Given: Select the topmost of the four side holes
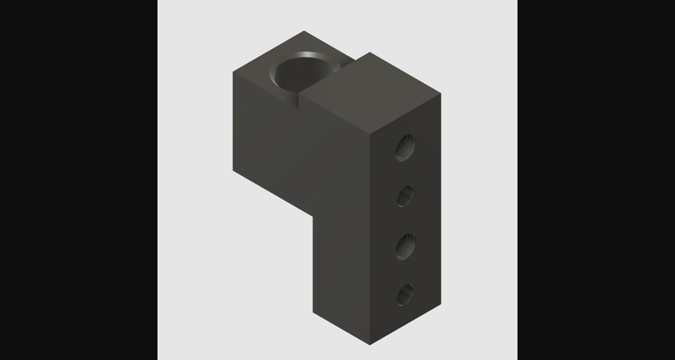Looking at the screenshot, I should pos(405,147).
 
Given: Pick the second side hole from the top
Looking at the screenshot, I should pos(405,196).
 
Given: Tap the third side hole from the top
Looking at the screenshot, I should pos(405,246).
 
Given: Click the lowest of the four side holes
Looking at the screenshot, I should pos(405,295).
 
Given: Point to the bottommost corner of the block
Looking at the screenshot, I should pos(370,345).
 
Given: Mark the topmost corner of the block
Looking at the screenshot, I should pos(304,31).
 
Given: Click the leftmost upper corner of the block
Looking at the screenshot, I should pos(233,72).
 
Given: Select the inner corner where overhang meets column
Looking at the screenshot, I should pos(313,216).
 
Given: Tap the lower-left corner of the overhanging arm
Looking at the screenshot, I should pos(233,170).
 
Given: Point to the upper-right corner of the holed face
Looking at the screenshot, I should pos(441,94).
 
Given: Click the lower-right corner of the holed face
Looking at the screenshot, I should pos(441,304).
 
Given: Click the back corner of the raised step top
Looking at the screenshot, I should pos(369,53).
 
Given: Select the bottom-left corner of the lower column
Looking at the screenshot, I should pos(313,311).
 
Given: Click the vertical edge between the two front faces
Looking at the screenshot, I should pos(370,238).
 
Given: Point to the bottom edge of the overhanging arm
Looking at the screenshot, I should pos(273,193).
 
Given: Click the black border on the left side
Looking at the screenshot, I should pos(79,180).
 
